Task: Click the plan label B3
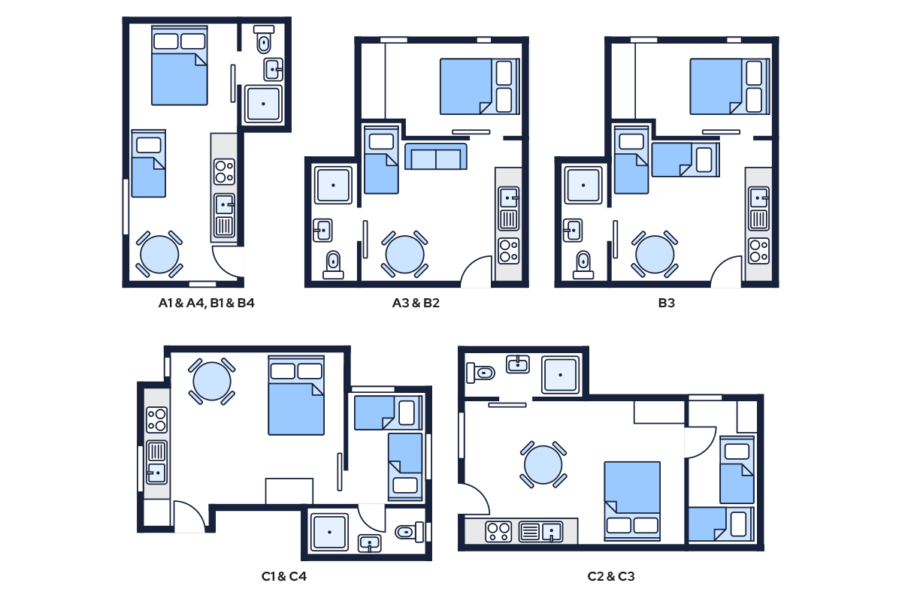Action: coord(666,303)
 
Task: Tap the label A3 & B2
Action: coord(416,303)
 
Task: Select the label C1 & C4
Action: coord(284,576)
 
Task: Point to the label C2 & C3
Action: coord(611,576)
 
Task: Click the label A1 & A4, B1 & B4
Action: coord(206,303)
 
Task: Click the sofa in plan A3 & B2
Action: coord(436,156)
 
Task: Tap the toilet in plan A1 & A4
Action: coord(264,40)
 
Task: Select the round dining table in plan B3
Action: coord(655,255)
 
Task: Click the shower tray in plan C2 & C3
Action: coord(561,375)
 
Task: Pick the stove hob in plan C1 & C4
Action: coord(156,420)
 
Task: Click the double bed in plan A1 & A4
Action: coord(180,65)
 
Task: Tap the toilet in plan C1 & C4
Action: coord(409,532)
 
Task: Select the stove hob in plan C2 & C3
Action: coord(499,532)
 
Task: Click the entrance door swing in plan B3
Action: coord(726,271)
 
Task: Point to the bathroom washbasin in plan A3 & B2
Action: coord(323,230)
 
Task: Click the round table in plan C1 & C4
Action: coord(212,381)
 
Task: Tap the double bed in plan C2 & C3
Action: coord(632,501)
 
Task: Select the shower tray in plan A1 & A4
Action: coord(263,104)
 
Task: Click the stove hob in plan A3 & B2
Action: coord(509,251)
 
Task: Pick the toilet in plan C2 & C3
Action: coord(481,373)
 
